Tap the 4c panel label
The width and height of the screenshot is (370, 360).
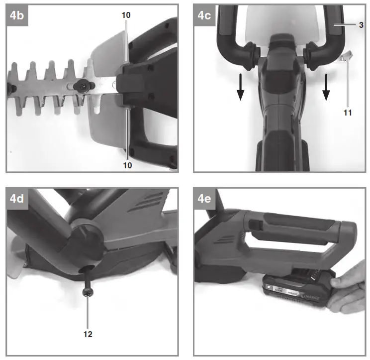tap(204, 15)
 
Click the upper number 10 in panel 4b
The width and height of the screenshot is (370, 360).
tap(126, 15)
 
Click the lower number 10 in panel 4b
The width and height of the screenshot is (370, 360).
tap(126, 165)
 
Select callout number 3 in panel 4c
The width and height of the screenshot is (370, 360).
tap(361, 24)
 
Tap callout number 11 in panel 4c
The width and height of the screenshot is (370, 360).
tap(348, 113)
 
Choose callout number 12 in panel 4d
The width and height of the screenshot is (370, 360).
tap(88, 333)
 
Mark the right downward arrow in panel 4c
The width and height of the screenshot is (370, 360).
tap(327, 88)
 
